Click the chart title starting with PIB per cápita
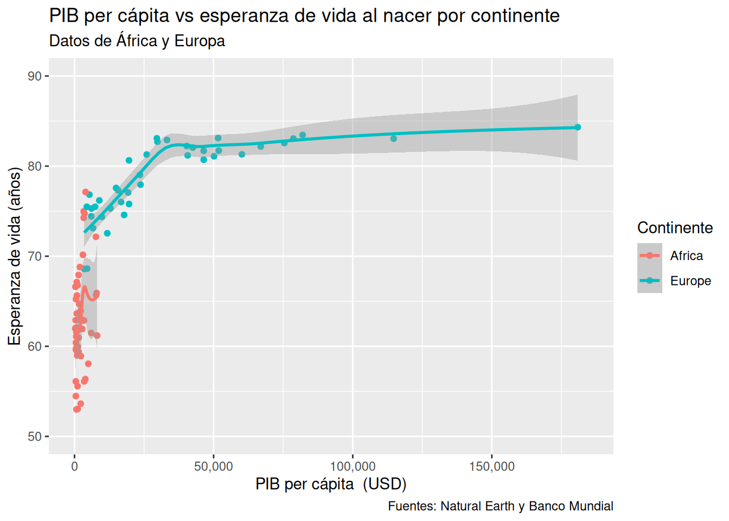point(304,15)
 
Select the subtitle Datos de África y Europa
point(137,41)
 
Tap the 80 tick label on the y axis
point(35,166)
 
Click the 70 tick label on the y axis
point(35,256)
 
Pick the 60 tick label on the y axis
point(35,346)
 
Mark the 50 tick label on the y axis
point(35,436)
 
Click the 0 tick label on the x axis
point(75,466)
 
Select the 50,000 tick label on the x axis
point(214,466)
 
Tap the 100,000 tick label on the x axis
point(353,466)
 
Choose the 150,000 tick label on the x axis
point(491,466)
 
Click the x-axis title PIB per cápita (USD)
point(331,484)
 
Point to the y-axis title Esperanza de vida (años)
point(15,256)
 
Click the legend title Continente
point(675,228)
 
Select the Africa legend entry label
point(686,256)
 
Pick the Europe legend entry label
point(690,281)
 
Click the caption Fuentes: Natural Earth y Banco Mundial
point(500,506)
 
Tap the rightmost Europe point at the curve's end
point(577,127)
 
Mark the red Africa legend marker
point(649,256)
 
